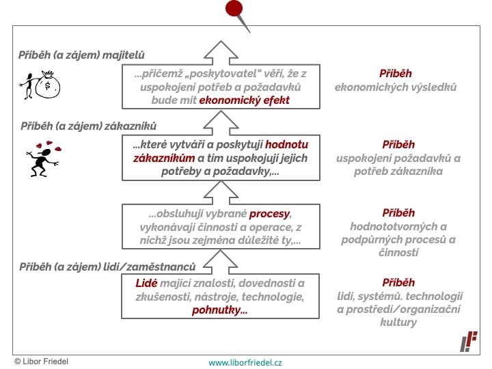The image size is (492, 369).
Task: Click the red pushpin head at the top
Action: (234, 8)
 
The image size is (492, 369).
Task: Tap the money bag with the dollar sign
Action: (47, 85)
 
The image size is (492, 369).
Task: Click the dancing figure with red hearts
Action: (44, 159)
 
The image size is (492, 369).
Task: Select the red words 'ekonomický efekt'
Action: (244, 100)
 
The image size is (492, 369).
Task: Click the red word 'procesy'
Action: (269, 214)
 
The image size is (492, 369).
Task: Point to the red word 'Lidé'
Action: (146, 284)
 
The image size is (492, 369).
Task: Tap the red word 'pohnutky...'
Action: (219, 310)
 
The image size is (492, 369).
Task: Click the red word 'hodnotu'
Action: (286, 145)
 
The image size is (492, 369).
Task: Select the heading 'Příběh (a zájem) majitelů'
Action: (81, 55)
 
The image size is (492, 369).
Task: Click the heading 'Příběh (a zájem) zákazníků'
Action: (88, 126)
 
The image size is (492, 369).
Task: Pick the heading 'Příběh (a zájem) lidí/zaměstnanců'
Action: (107, 267)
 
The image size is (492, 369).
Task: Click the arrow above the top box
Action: (221, 53)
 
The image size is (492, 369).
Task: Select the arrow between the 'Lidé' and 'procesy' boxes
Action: (220, 262)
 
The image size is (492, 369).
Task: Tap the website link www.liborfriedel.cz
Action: (245, 363)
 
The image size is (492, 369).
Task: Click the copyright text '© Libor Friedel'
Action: (42, 361)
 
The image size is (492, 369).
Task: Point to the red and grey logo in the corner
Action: (469, 342)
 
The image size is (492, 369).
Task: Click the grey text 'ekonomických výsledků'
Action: (396, 87)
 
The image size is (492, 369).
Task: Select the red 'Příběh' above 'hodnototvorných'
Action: (398, 213)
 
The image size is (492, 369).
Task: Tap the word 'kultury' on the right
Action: (398, 323)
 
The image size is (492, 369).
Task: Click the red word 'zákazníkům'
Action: (164, 158)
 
